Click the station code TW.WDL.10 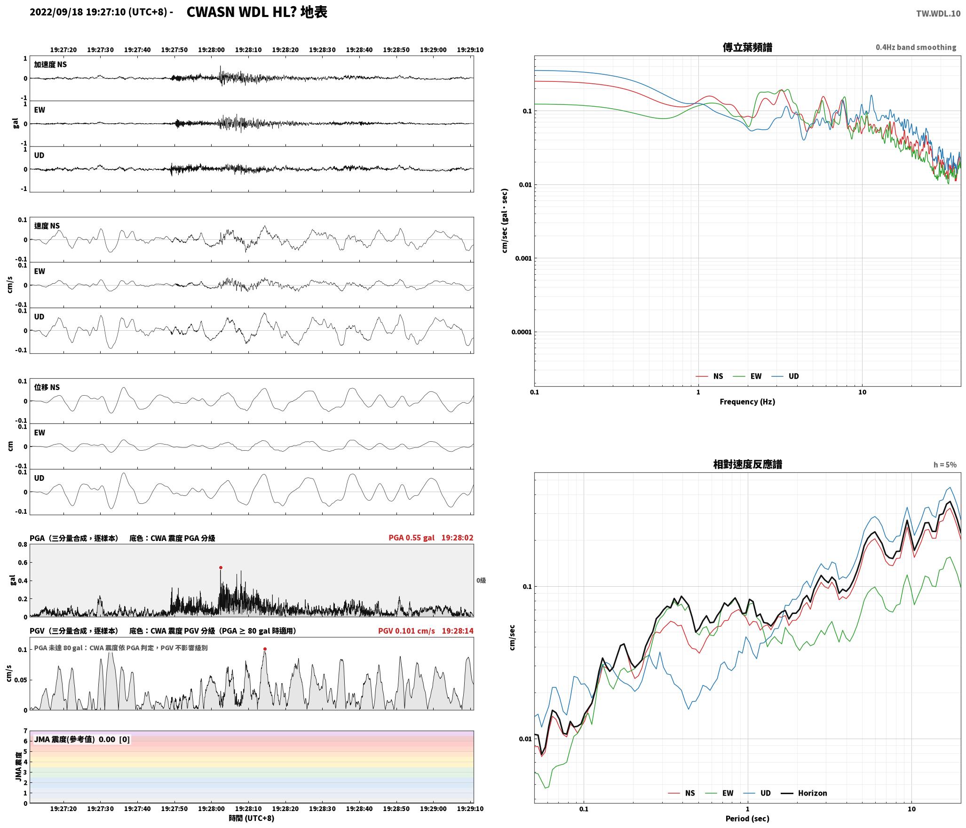938,14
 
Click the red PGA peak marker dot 221,567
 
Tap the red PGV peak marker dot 265,649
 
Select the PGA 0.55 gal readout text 412,537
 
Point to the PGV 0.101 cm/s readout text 406,630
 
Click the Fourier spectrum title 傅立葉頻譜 747,48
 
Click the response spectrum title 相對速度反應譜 747,464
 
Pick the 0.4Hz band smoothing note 916,48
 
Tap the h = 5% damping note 945,465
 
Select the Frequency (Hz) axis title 747,401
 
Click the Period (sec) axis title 747,818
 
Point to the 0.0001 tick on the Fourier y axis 521,332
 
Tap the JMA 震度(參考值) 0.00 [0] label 82,739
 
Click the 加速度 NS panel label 50,64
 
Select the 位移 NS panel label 47,387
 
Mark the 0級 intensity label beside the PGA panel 481,581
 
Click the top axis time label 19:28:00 211,50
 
